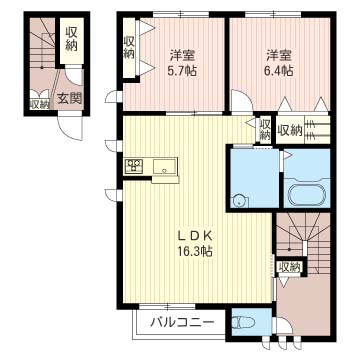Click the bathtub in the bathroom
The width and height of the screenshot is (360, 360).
[x=307, y=194]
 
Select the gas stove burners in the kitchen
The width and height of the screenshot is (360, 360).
[x=134, y=166]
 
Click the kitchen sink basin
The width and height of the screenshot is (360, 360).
[x=165, y=166]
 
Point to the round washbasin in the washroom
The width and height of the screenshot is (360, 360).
[x=240, y=202]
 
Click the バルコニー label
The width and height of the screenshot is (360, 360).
[x=182, y=322]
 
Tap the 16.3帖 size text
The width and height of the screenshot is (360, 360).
[x=191, y=251]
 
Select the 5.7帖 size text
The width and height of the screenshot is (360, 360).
[x=182, y=70]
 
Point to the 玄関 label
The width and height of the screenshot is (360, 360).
[x=69, y=98]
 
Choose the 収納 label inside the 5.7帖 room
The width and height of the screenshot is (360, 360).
[x=129, y=47]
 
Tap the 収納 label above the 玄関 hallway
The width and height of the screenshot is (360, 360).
[x=71, y=39]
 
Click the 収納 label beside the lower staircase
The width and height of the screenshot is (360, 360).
[x=290, y=267]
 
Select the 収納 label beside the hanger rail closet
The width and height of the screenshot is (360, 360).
[x=289, y=130]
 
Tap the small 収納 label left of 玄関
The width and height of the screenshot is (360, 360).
[x=40, y=104]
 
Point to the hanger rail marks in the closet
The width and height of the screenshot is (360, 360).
[x=317, y=129]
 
